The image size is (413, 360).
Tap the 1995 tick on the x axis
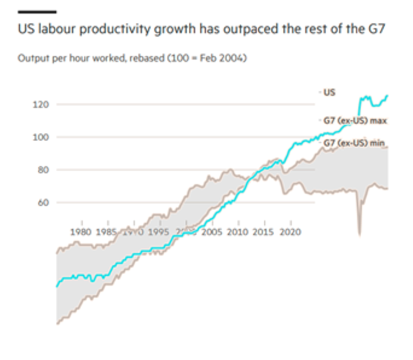[159, 231]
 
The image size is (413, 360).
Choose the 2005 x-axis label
[211, 231]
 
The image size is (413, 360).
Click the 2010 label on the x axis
[237, 231]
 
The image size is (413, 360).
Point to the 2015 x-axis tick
[264, 231]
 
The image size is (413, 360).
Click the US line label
[330, 90]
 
